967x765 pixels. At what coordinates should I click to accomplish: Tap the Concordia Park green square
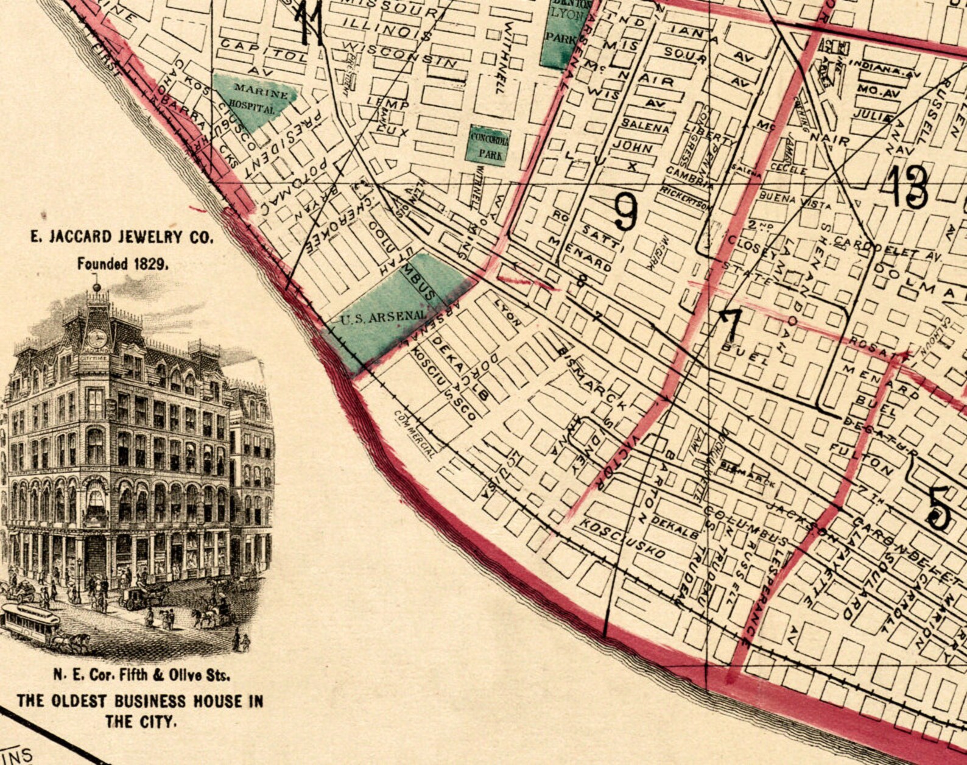pos(488,145)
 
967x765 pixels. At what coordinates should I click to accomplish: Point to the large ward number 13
pos(907,186)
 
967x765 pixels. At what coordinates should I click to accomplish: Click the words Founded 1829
pos(122,264)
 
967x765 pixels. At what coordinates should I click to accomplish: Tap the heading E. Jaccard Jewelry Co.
pos(122,237)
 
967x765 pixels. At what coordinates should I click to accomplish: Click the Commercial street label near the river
pos(415,433)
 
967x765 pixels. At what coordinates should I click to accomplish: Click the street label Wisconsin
pos(399,54)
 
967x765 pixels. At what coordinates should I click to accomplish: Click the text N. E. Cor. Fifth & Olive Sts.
pos(141,675)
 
